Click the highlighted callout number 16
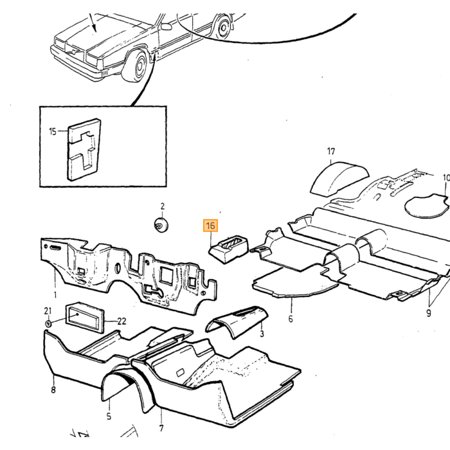coord(210,225)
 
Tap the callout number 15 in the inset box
coord(53,131)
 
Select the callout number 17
coord(331,151)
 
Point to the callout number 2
coord(163,206)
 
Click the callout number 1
coord(55,294)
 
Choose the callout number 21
coord(48,310)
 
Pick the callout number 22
coord(122,321)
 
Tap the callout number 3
coord(262,334)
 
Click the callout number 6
coord(291,319)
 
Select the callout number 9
coord(429,313)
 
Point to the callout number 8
coord(53,390)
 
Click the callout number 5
coord(109,416)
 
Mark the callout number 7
coord(161,428)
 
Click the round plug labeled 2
coord(161,224)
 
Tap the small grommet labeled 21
coord(48,324)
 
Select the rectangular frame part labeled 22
coord(85,318)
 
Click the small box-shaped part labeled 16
coord(228,248)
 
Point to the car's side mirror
coord(166,27)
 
